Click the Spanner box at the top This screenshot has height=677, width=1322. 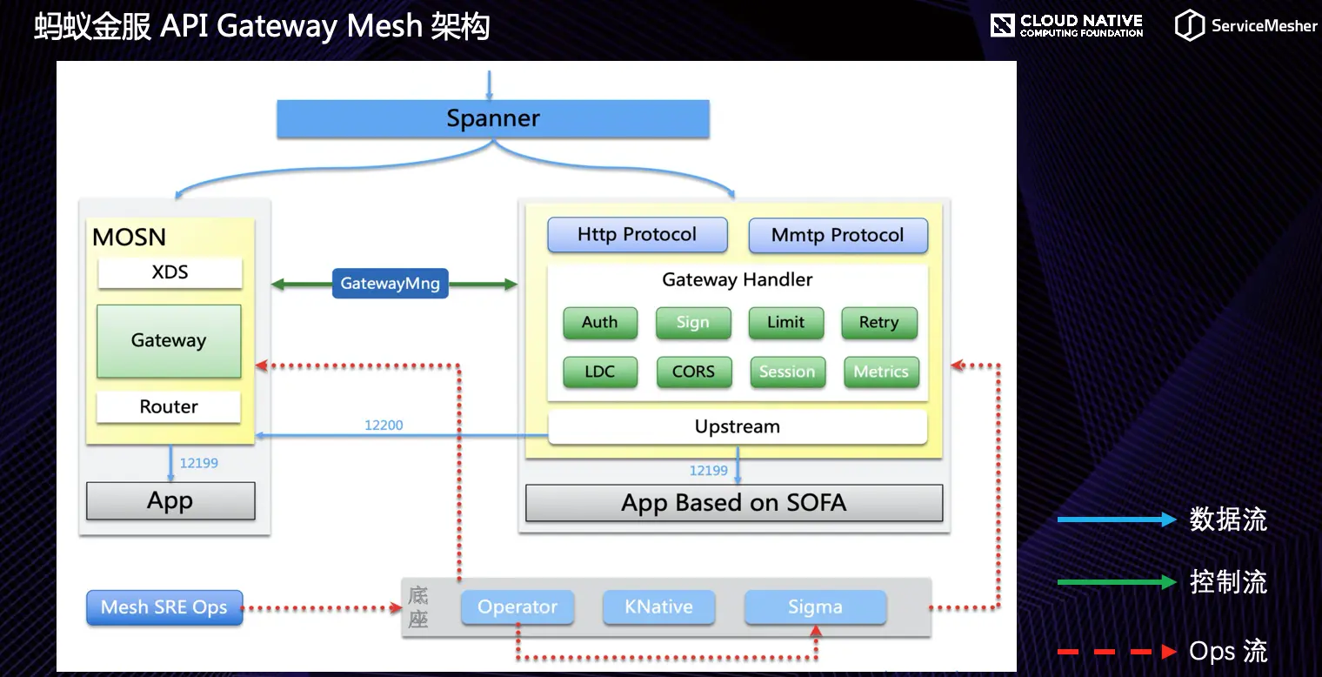coord(492,118)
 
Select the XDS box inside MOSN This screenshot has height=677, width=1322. coord(170,272)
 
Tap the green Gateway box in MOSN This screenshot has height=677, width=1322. coord(169,341)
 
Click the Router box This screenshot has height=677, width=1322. coord(169,406)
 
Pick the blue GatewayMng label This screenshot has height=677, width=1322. coord(390,284)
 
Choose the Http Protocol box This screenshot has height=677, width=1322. coord(637,235)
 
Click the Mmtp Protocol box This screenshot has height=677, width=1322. coord(838,236)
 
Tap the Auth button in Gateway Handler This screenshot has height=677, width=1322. coord(599,323)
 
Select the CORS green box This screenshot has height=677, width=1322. coord(693,372)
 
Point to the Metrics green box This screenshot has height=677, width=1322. coord(880,372)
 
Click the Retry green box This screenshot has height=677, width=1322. coord(878,323)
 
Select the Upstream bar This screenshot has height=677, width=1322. coord(737,426)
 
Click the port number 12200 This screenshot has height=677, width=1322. coord(384,426)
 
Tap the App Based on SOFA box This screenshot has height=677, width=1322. coord(733,503)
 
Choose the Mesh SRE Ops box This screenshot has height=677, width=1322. coord(164,607)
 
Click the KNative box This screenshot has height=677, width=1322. coord(658,607)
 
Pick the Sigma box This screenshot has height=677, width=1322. coord(815,607)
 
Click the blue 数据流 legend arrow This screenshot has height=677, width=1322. coord(1116,520)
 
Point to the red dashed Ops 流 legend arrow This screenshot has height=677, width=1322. coord(1116,651)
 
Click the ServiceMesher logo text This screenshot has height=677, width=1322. coord(1264,26)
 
